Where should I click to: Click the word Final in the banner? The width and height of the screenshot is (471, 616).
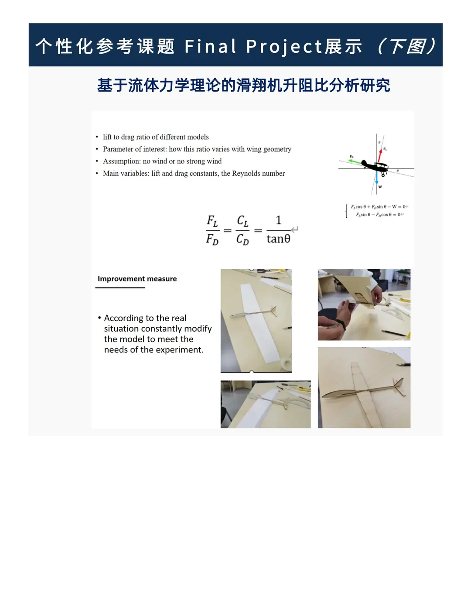[210, 46]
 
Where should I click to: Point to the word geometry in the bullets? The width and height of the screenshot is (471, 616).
[277, 149]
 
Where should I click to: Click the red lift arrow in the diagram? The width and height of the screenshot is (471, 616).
[380, 155]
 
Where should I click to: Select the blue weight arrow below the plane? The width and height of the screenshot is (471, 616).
[376, 178]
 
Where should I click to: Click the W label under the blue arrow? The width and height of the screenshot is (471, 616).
[380, 187]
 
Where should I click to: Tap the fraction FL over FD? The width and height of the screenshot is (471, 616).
[212, 230]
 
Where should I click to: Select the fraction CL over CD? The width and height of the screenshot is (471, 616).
[242, 230]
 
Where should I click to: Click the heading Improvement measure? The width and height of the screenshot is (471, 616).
[137, 279]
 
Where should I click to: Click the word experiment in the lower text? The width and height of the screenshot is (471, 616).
[181, 350]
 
